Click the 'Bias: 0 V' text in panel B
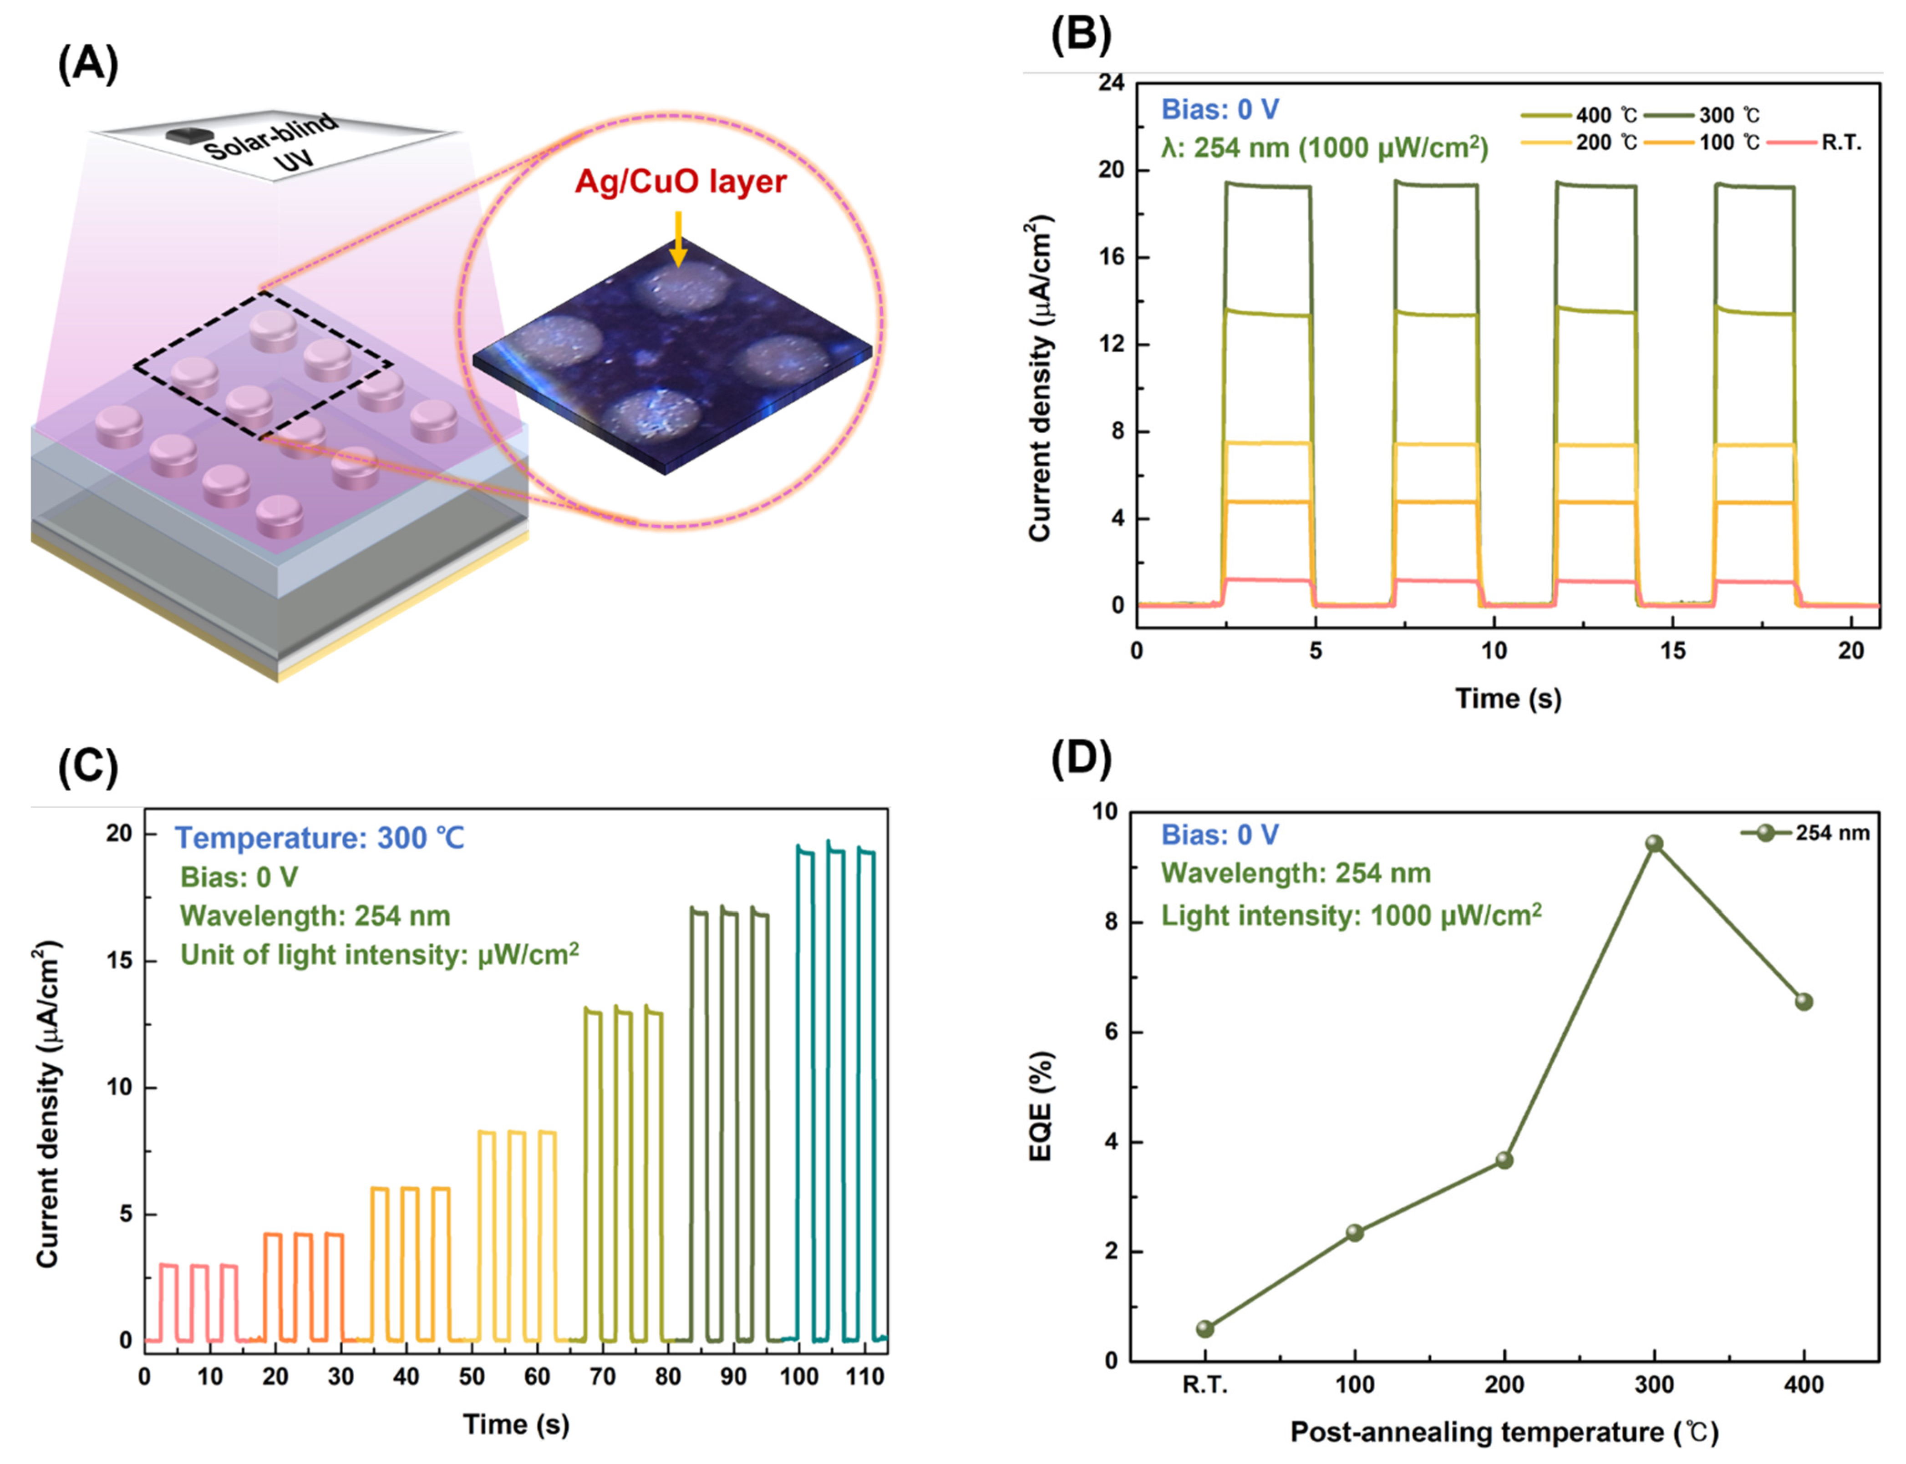click(1220, 110)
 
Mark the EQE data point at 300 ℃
click(1654, 844)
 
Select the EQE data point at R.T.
click(1205, 1329)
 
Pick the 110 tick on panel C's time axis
click(864, 1377)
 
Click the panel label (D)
click(1081, 760)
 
